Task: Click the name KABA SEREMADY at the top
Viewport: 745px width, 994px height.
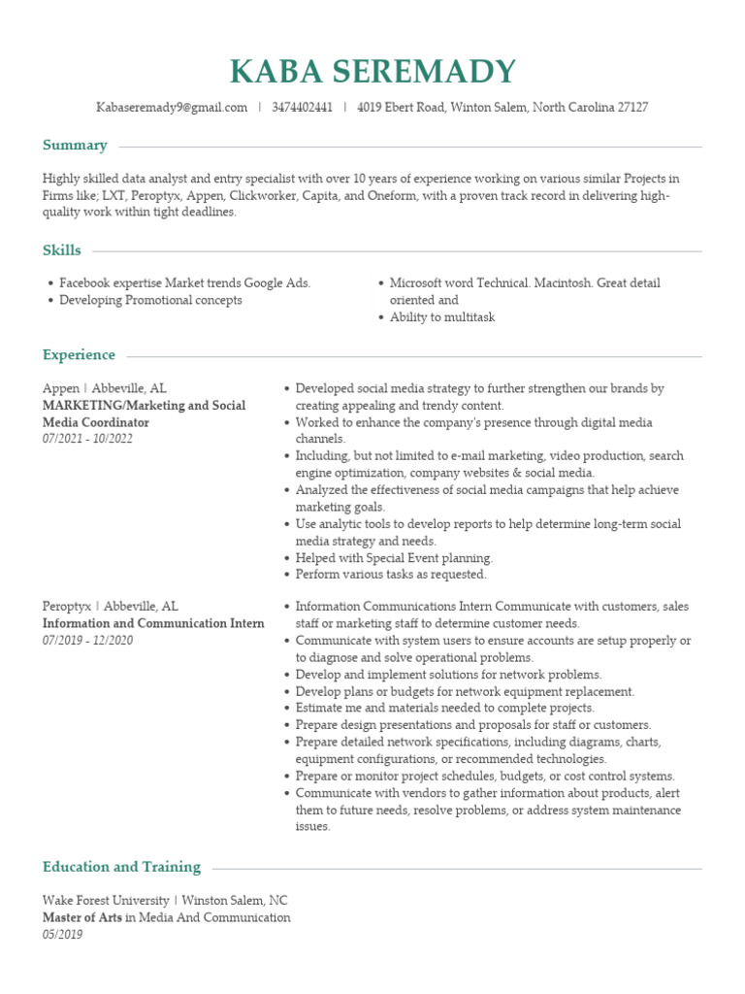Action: click(372, 72)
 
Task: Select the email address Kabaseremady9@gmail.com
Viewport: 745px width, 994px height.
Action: click(172, 108)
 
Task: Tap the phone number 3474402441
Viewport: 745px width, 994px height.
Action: click(302, 108)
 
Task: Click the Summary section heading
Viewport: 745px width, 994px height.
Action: click(75, 146)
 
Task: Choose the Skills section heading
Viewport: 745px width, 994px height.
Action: click(62, 250)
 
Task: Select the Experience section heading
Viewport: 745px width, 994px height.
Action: click(79, 355)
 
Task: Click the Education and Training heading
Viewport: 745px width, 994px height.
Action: click(121, 867)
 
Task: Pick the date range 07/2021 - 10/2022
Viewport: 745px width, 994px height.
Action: click(88, 439)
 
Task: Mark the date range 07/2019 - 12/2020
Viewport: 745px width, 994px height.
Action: click(88, 641)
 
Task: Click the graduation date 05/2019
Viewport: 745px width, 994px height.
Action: click(63, 935)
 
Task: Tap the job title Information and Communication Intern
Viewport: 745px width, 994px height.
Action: click(153, 623)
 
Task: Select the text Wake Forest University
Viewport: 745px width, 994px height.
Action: click(106, 900)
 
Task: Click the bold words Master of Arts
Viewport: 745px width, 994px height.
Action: click(82, 917)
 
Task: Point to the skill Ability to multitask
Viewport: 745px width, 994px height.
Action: click(442, 317)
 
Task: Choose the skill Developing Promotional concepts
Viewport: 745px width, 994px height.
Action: click(150, 300)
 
